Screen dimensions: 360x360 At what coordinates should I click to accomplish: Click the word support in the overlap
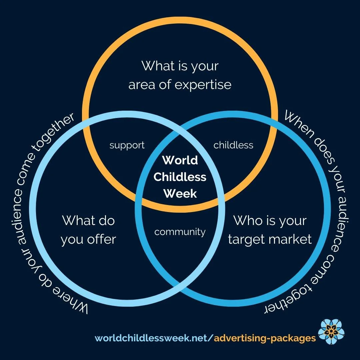(127, 145)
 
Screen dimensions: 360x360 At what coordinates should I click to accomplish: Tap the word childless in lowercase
(233, 145)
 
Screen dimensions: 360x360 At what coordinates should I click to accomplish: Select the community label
(180, 232)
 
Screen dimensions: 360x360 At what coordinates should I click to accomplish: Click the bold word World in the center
(180, 160)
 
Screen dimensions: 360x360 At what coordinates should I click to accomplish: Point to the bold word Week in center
(180, 193)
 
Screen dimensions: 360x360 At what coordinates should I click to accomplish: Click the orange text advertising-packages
(265, 338)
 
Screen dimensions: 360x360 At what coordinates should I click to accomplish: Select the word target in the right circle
(246, 239)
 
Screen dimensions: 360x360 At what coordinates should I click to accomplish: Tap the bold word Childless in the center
(180, 177)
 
